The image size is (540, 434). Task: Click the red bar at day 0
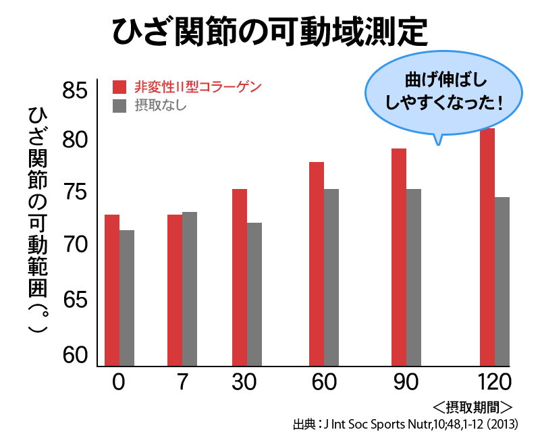coord(112,290)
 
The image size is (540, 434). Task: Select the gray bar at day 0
coord(127,298)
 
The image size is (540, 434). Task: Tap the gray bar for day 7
coord(190,289)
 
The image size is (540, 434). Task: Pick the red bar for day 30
coord(240,277)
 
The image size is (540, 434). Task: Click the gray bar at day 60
coord(331,277)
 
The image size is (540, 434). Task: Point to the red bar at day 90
coord(398,257)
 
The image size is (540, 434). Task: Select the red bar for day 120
coord(487,247)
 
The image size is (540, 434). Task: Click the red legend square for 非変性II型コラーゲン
coord(119,86)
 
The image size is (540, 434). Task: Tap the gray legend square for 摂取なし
coord(119,105)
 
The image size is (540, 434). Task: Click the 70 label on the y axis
coord(74,245)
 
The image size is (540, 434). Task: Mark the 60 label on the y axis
coord(74,354)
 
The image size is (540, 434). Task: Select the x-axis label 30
coord(244,382)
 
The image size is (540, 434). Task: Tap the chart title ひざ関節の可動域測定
coord(269,30)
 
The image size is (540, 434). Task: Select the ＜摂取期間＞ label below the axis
coord(473,408)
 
